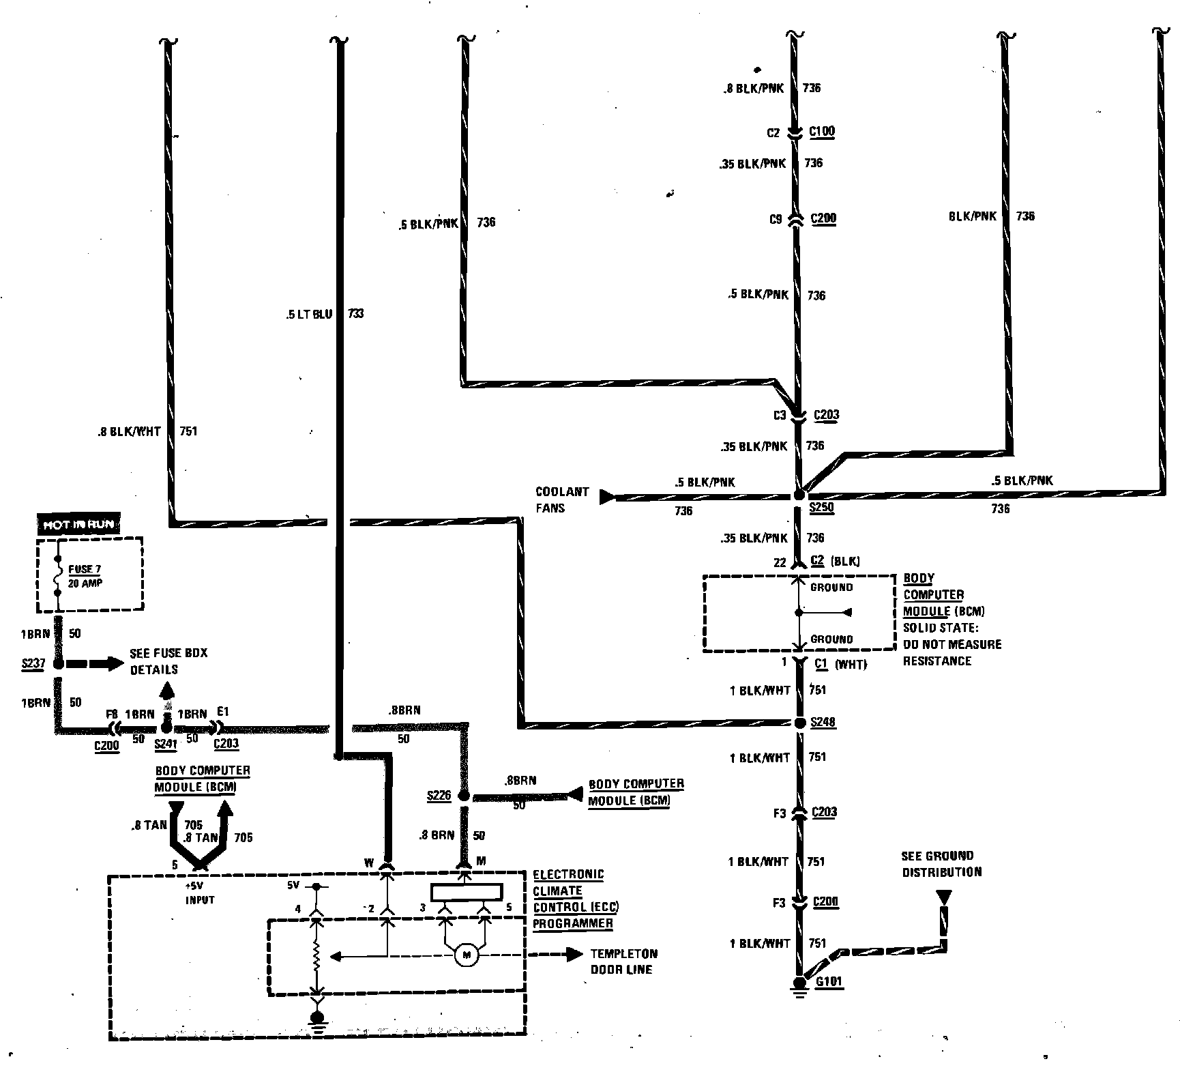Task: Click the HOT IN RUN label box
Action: pyautogui.click(x=79, y=524)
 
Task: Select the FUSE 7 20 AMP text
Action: pyautogui.click(x=85, y=576)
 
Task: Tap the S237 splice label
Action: pyautogui.click(x=33, y=663)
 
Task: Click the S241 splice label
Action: pyautogui.click(x=166, y=744)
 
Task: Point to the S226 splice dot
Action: pyautogui.click(x=464, y=796)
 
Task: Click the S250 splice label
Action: pyautogui.click(x=821, y=508)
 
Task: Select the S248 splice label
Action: pyautogui.click(x=823, y=722)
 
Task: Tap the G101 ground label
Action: pyautogui.click(x=829, y=982)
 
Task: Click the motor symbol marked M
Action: pyautogui.click(x=467, y=955)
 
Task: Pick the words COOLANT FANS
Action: pyautogui.click(x=561, y=500)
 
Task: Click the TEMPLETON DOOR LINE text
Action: pyautogui.click(x=623, y=961)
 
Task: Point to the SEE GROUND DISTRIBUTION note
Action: pyautogui.click(x=941, y=863)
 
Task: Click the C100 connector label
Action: pyautogui.click(x=821, y=131)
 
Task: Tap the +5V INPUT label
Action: pyautogui.click(x=199, y=894)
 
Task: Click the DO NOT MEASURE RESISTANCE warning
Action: pyautogui.click(x=952, y=652)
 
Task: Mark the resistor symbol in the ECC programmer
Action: pyautogui.click(x=316, y=957)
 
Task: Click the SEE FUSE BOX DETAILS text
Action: pyautogui.click(x=168, y=661)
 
